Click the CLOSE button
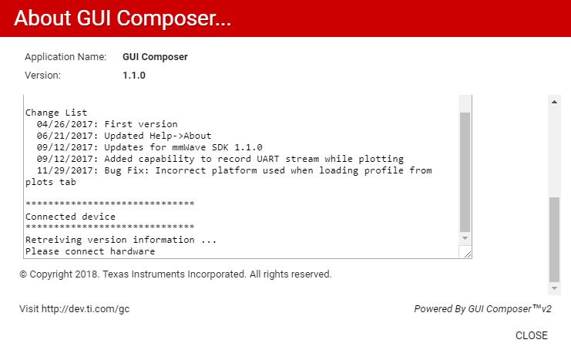pyautogui.click(x=531, y=335)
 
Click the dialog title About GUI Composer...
pyautogui.click(x=123, y=19)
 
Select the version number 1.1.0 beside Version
pyautogui.click(x=134, y=76)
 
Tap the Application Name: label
pyautogui.click(x=65, y=57)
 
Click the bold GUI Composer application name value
pyautogui.click(x=155, y=57)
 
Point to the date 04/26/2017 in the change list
pyautogui.click(x=65, y=124)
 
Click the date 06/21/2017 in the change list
pyautogui.click(x=65, y=136)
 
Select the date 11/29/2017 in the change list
pyautogui.click(x=65, y=170)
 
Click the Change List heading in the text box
pyautogui.click(x=56, y=113)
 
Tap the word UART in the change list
pyautogui.click(x=267, y=159)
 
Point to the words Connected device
pyautogui.click(x=70, y=217)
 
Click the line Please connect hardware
pyautogui.click(x=90, y=251)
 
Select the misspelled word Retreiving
pyautogui.click(x=53, y=240)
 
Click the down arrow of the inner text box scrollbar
pyautogui.click(x=465, y=238)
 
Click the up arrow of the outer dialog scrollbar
pyautogui.click(x=554, y=102)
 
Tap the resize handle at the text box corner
pyautogui.click(x=468, y=254)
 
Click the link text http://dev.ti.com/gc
pyautogui.click(x=86, y=309)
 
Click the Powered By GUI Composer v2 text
pyautogui.click(x=482, y=309)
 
